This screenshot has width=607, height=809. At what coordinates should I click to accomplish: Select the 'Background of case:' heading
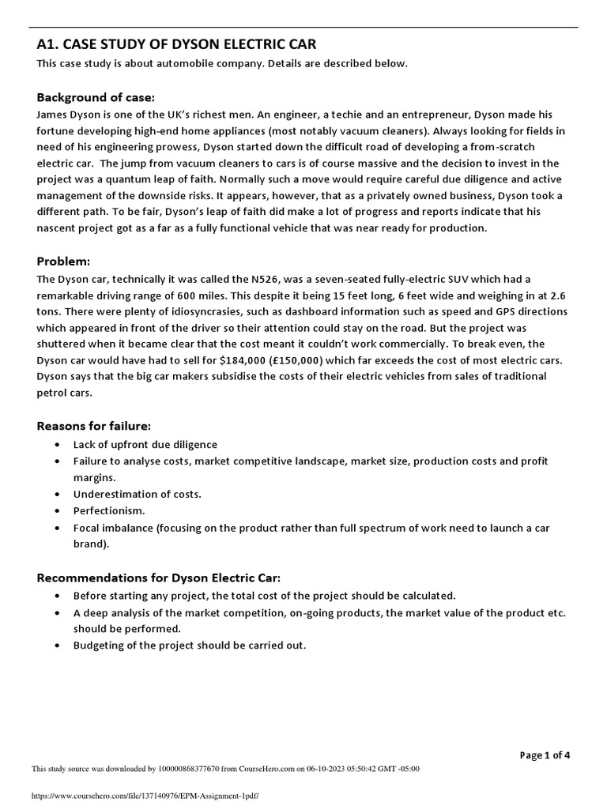pos(96,97)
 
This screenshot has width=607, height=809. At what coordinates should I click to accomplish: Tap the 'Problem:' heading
pos(64,262)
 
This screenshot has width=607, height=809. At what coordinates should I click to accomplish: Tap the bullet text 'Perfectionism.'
pos(109,510)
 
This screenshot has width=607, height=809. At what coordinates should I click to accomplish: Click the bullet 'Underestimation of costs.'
pos(138,494)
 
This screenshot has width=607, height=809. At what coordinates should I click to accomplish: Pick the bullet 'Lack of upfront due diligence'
pos(145,444)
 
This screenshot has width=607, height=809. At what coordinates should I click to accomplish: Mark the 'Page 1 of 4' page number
pos(545,754)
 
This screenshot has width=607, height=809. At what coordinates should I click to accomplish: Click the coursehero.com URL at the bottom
pos(145,796)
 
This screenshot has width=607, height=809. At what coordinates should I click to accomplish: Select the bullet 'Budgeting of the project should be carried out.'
pos(190,645)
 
